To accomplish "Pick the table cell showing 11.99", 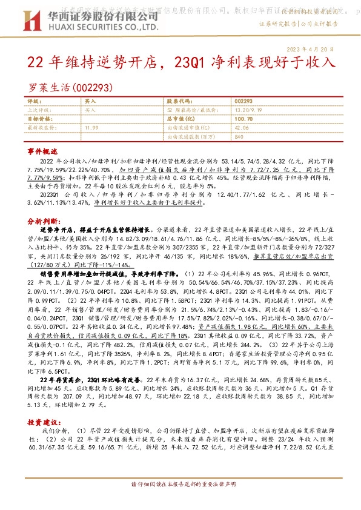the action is [x=92, y=128].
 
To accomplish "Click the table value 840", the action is [x=239, y=137].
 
